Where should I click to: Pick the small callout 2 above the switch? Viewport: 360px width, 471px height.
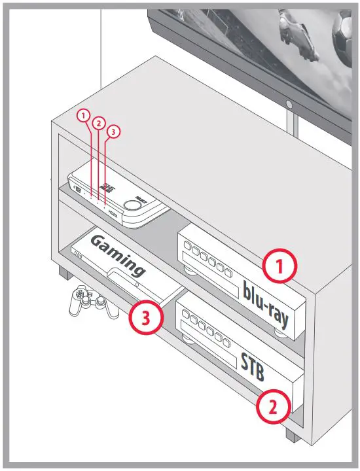pos(98,122)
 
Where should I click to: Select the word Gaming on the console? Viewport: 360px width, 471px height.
pos(118,256)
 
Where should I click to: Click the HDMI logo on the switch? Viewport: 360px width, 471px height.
pos(115,213)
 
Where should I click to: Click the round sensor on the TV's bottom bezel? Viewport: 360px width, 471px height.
pos(289,104)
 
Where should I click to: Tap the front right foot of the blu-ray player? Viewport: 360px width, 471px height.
pos(283,332)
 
